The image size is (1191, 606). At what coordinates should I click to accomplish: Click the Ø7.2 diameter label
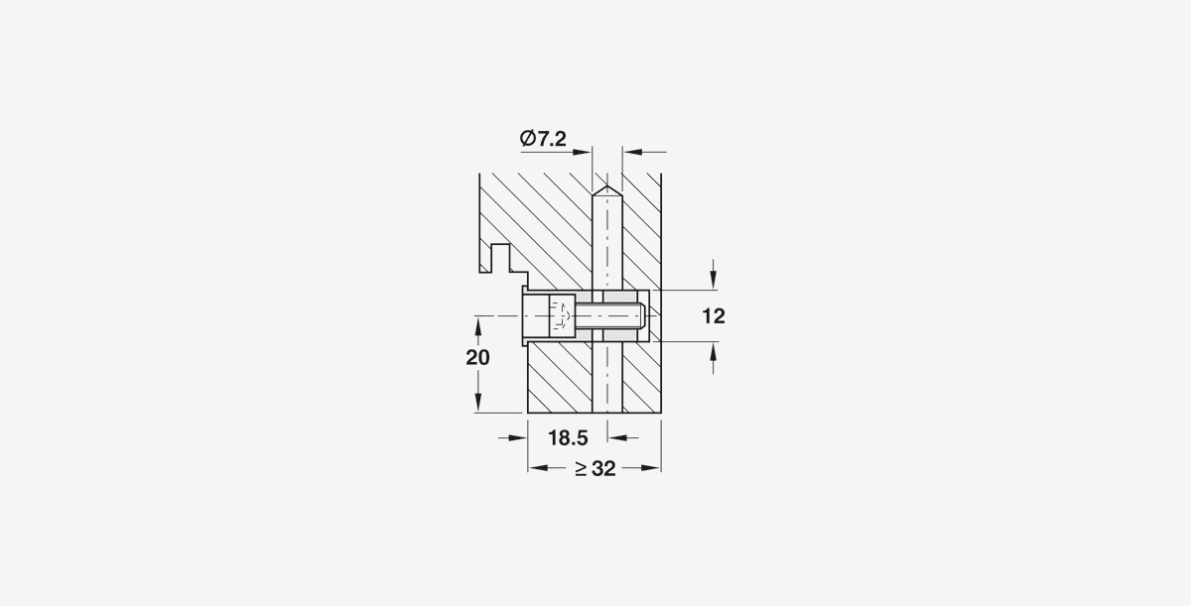tap(543, 139)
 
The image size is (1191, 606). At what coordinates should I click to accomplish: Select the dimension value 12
tap(714, 316)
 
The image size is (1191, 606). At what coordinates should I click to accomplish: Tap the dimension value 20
tap(477, 357)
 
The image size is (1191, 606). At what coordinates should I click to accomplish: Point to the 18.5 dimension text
tap(568, 438)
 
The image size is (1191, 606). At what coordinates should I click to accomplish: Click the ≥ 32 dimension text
tap(595, 468)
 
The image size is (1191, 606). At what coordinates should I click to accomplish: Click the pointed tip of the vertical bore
tap(607, 185)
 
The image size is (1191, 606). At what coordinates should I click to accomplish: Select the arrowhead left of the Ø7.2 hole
tap(583, 153)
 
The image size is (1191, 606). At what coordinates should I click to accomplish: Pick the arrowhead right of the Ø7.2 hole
tap(632, 153)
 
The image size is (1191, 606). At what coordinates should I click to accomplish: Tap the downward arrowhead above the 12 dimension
tap(713, 281)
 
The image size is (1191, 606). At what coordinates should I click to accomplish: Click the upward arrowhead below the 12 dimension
tap(713, 350)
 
